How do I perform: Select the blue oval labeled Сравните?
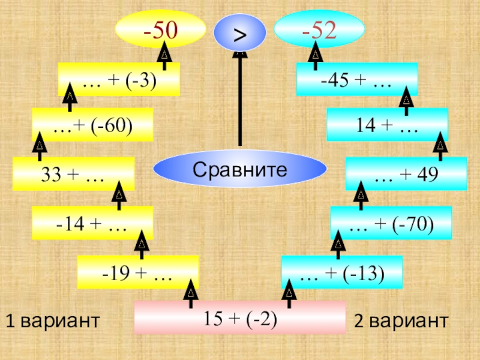[239, 170]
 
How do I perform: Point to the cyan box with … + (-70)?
[391, 223]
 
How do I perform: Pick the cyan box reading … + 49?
[406, 174]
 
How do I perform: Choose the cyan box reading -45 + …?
[356, 79]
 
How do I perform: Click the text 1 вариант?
[52, 321]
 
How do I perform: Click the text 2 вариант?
[401, 321]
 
